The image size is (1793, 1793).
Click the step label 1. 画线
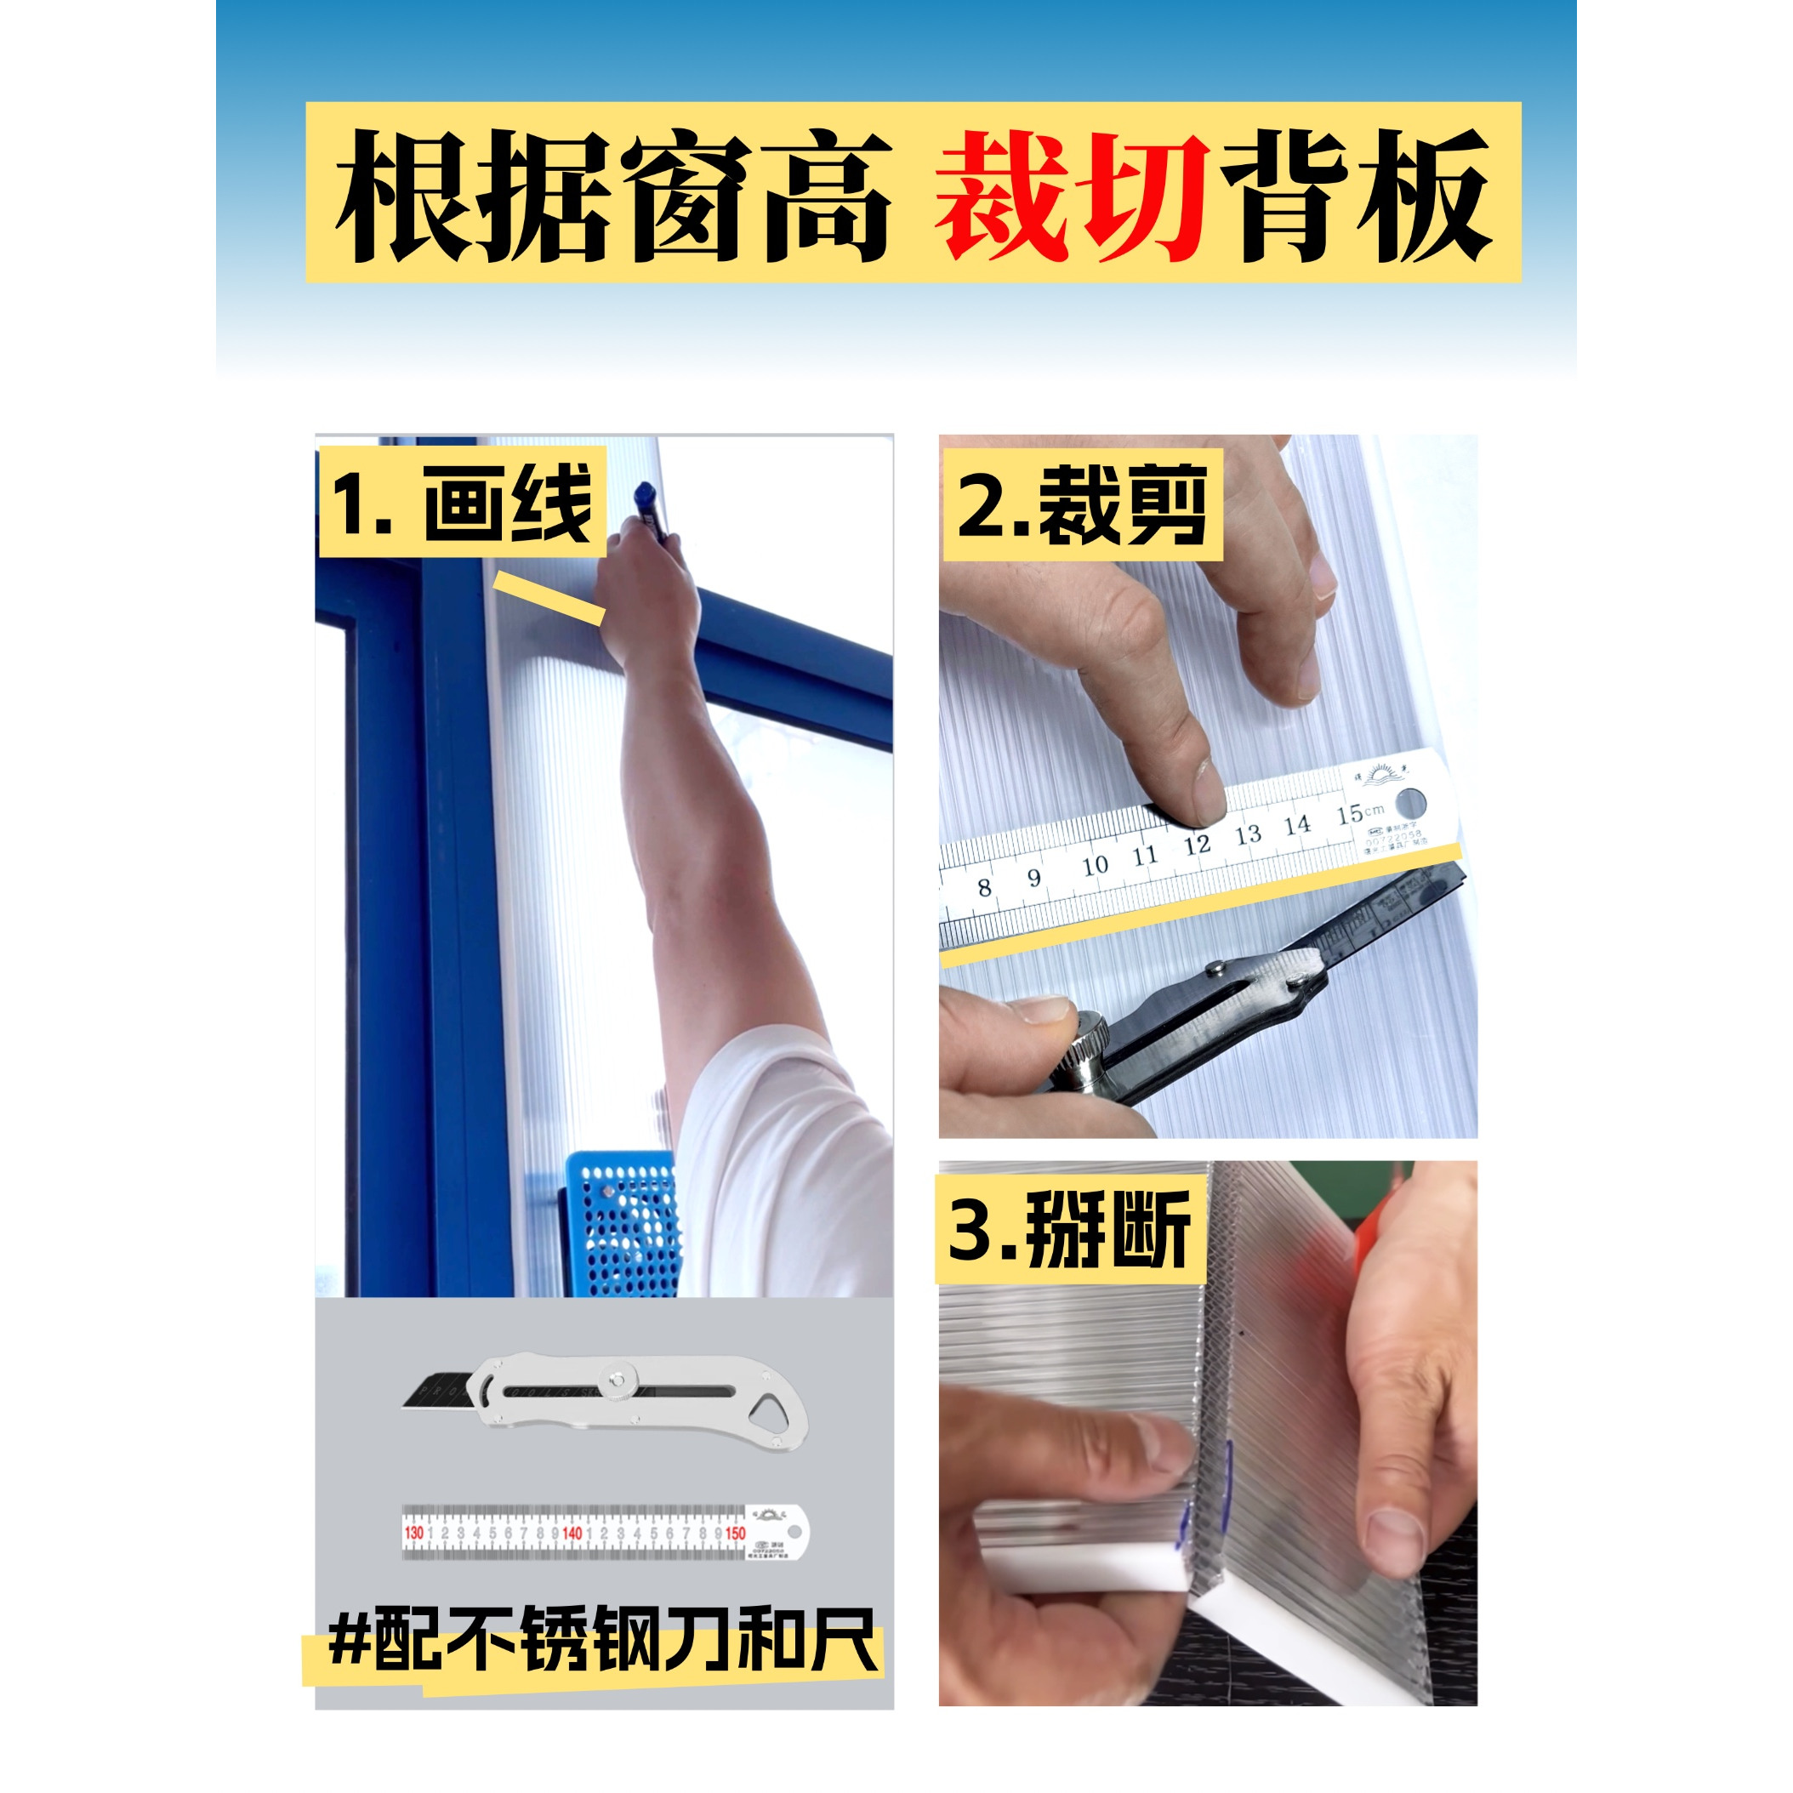[x=462, y=503]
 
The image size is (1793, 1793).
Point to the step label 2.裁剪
[x=1082, y=506]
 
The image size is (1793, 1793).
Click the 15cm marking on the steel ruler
[x=1358, y=815]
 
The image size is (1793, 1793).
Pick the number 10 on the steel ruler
[x=1095, y=865]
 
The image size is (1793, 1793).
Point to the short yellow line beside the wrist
[x=549, y=597]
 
